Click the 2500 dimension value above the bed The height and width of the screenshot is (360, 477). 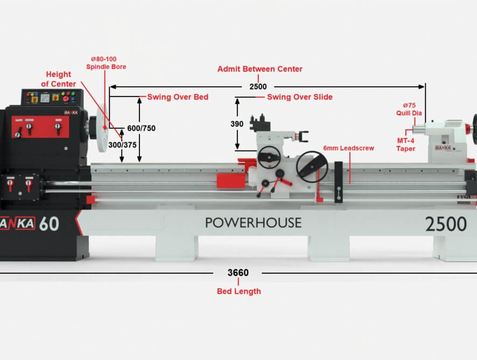coord(258,87)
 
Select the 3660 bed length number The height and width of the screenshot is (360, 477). coord(238,273)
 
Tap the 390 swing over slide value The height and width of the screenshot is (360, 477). coord(237,124)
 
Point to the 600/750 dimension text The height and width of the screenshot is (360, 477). coord(141,128)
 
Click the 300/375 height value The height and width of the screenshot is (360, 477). coord(123,145)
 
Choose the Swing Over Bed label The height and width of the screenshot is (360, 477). coord(178,97)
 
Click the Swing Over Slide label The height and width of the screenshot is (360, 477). coord(300,97)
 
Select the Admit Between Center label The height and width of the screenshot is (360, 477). coord(260,69)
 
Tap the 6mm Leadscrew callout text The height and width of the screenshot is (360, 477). coord(349,148)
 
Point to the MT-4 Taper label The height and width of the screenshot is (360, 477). coord(405,144)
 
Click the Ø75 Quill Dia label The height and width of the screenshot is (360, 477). coord(409,109)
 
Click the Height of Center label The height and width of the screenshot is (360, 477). coord(58,79)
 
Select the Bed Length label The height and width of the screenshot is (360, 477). coord(239,291)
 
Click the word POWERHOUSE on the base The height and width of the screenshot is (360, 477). coord(254,223)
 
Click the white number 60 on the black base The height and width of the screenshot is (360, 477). coord(48,224)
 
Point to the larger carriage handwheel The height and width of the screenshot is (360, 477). coord(312,167)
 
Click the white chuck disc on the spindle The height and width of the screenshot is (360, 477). coord(102,127)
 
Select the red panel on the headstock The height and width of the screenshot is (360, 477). coord(40,127)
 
